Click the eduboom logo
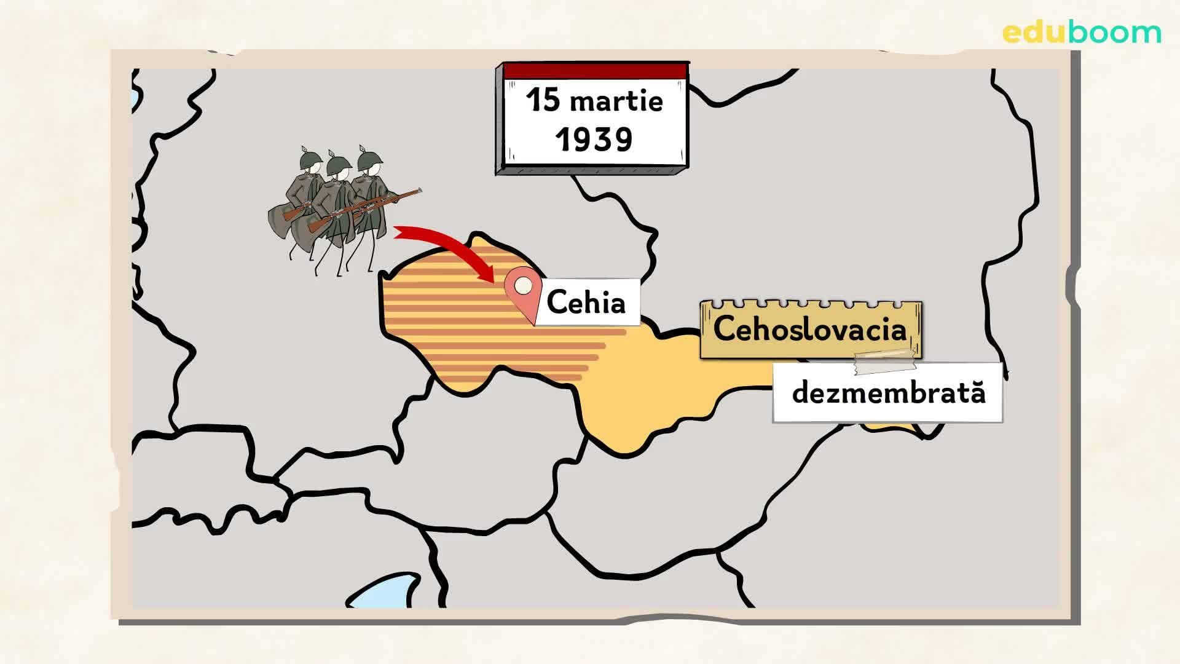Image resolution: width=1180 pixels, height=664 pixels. click(1082, 33)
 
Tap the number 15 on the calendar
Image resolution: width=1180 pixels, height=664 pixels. click(542, 100)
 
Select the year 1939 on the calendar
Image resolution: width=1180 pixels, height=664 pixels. click(594, 140)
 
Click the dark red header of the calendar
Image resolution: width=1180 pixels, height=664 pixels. click(594, 71)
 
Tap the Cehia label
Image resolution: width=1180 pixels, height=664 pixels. click(586, 302)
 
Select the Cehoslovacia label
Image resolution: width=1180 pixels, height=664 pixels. click(810, 329)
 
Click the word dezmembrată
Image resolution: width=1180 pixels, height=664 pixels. click(888, 393)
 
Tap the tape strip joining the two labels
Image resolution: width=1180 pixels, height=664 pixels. click(885, 363)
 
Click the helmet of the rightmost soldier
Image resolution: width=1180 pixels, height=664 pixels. click(370, 158)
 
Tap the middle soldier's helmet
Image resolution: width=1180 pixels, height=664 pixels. click(338, 164)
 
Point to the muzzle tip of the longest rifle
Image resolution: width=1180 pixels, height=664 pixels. click(420, 190)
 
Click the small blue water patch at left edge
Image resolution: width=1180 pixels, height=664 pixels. click(135, 98)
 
